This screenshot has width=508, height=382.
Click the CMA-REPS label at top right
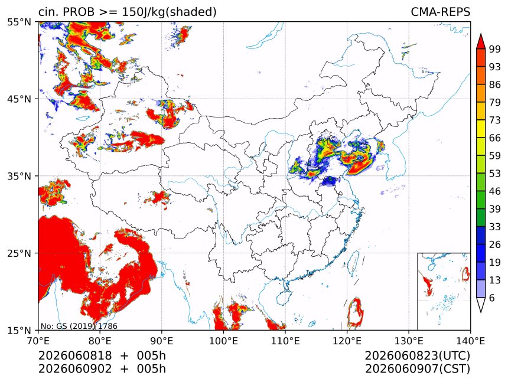pos(440,12)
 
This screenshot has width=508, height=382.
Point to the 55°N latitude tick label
pos(19,22)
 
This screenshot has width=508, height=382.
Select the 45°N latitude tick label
pos(19,99)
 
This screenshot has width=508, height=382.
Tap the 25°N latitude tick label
pos(19,253)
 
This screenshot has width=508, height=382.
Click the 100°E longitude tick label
pos(223,341)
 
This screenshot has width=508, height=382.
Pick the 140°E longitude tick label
pos(470,341)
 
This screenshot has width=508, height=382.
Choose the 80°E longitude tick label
pos(100,341)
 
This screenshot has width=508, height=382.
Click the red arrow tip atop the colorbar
pos(481,34)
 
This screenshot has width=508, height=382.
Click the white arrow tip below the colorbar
pos(481,312)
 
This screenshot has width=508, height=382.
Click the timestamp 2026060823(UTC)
pos(417,355)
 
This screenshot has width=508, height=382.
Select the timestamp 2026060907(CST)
pos(417,369)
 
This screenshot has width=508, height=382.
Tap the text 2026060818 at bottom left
pos(75,355)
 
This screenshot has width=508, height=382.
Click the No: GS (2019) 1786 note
pos(79,326)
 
